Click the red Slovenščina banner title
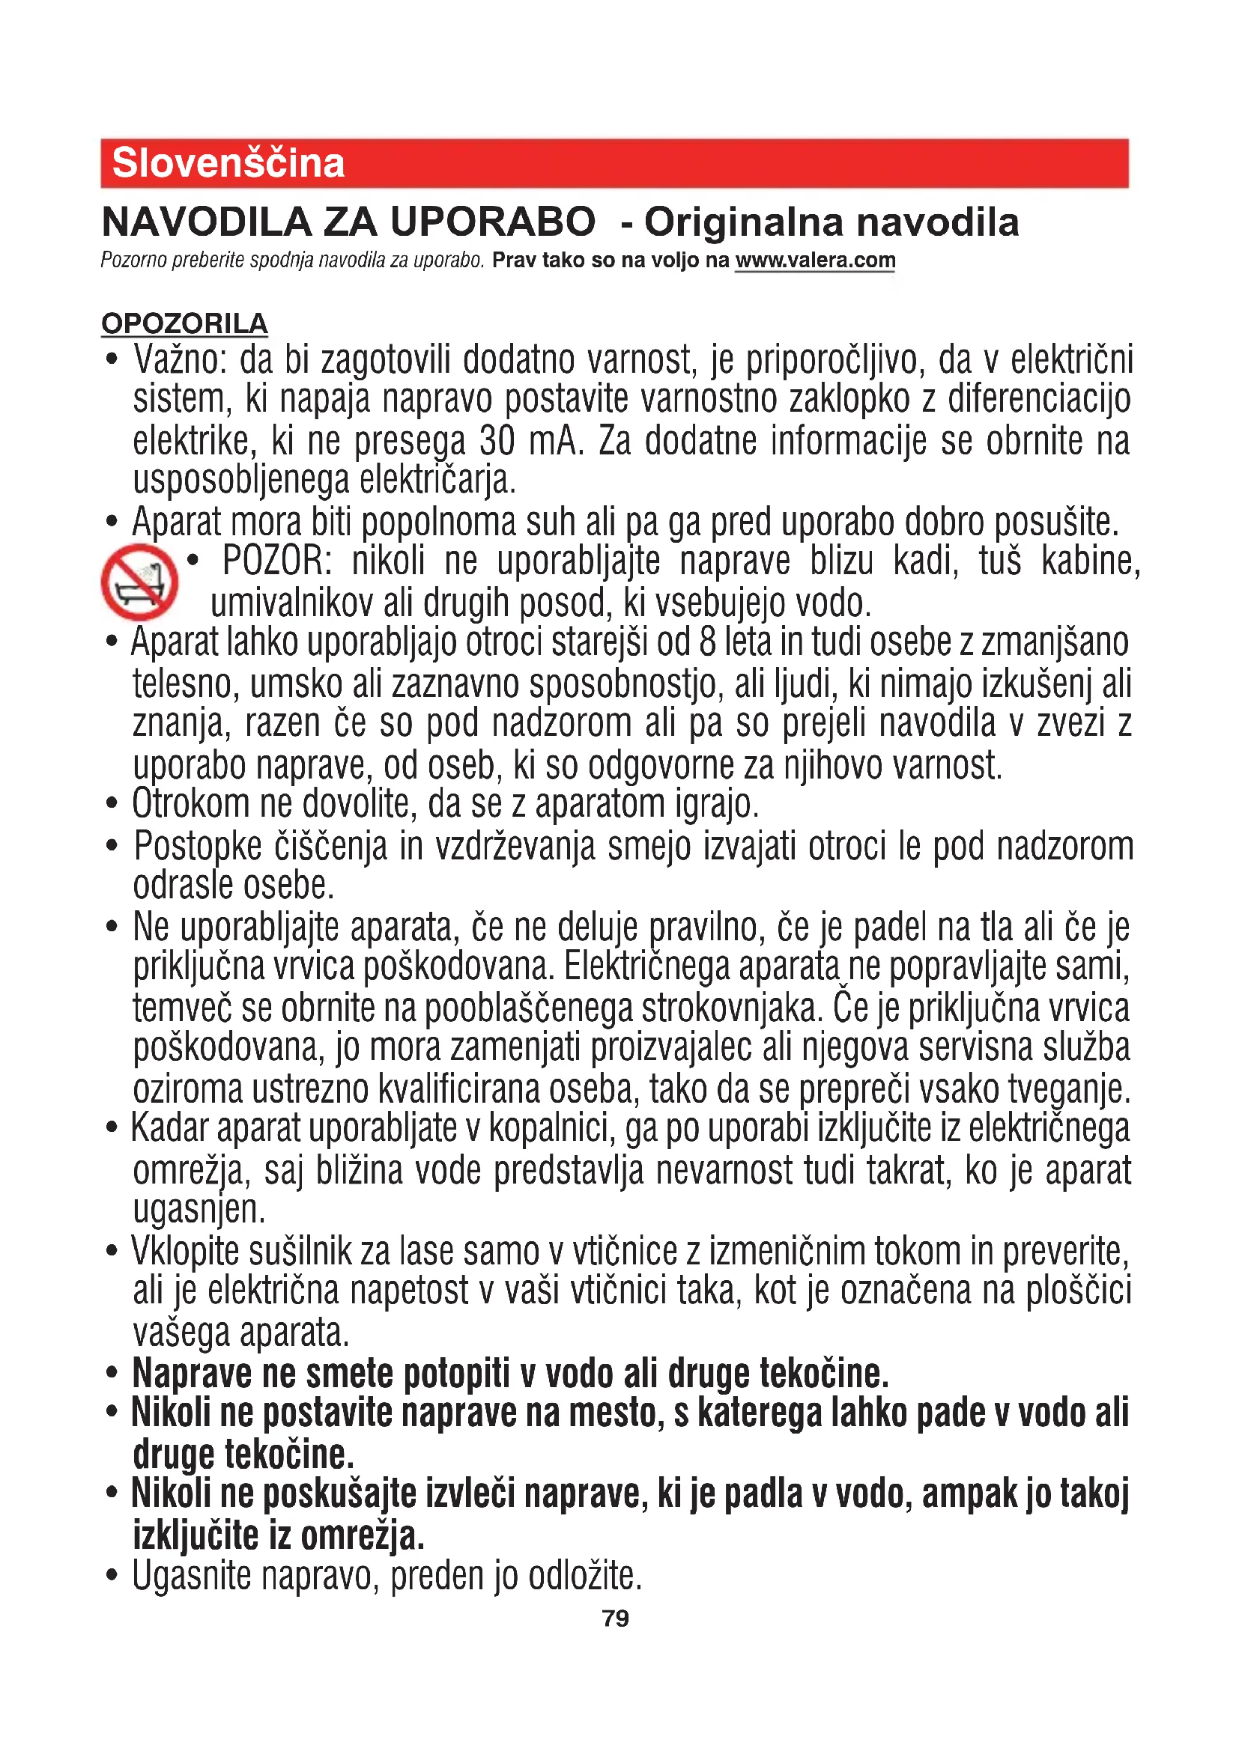coord(228,163)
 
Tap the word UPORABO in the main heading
coord(492,222)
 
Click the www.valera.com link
coord(815,260)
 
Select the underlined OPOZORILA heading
coord(184,323)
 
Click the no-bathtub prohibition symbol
coord(139,582)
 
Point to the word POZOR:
coord(277,561)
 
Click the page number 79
coord(616,1618)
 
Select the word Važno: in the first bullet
coord(180,360)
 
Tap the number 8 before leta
coord(707,642)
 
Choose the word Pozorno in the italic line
coord(133,260)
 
